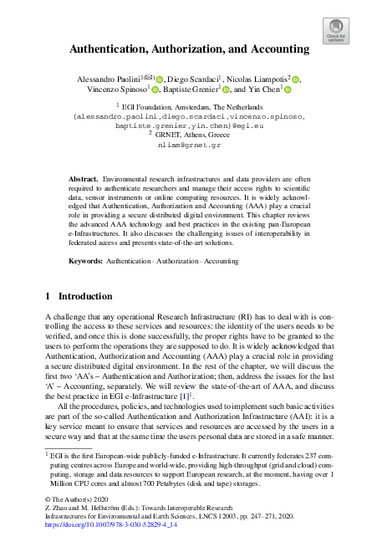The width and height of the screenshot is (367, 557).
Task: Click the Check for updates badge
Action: click(x=336, y=31)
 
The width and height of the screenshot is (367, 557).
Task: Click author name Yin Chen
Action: click(x=266, y=90)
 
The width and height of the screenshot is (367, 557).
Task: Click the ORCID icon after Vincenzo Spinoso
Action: click(x=155, y=91)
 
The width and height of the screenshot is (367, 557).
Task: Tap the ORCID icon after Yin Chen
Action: click(x=287, y=91)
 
